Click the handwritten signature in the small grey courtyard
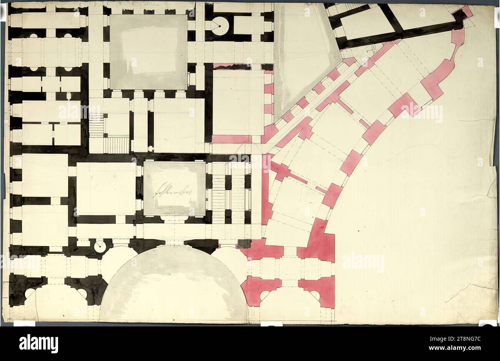[173, 189]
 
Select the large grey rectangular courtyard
[148, 52]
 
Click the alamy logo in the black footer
[38, 343]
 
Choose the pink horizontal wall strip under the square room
[232, 139]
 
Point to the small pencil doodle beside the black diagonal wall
[371, 49]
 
